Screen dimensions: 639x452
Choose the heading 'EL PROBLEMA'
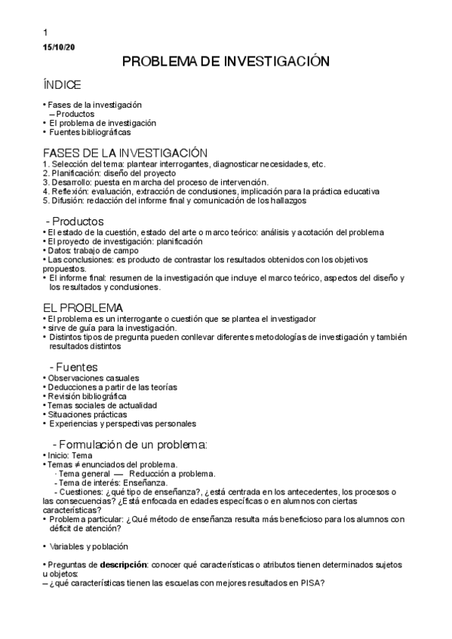tap(82, 309)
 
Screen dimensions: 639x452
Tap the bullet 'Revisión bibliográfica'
tap(87, 396)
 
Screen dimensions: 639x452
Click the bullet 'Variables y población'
tap(88, 546)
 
